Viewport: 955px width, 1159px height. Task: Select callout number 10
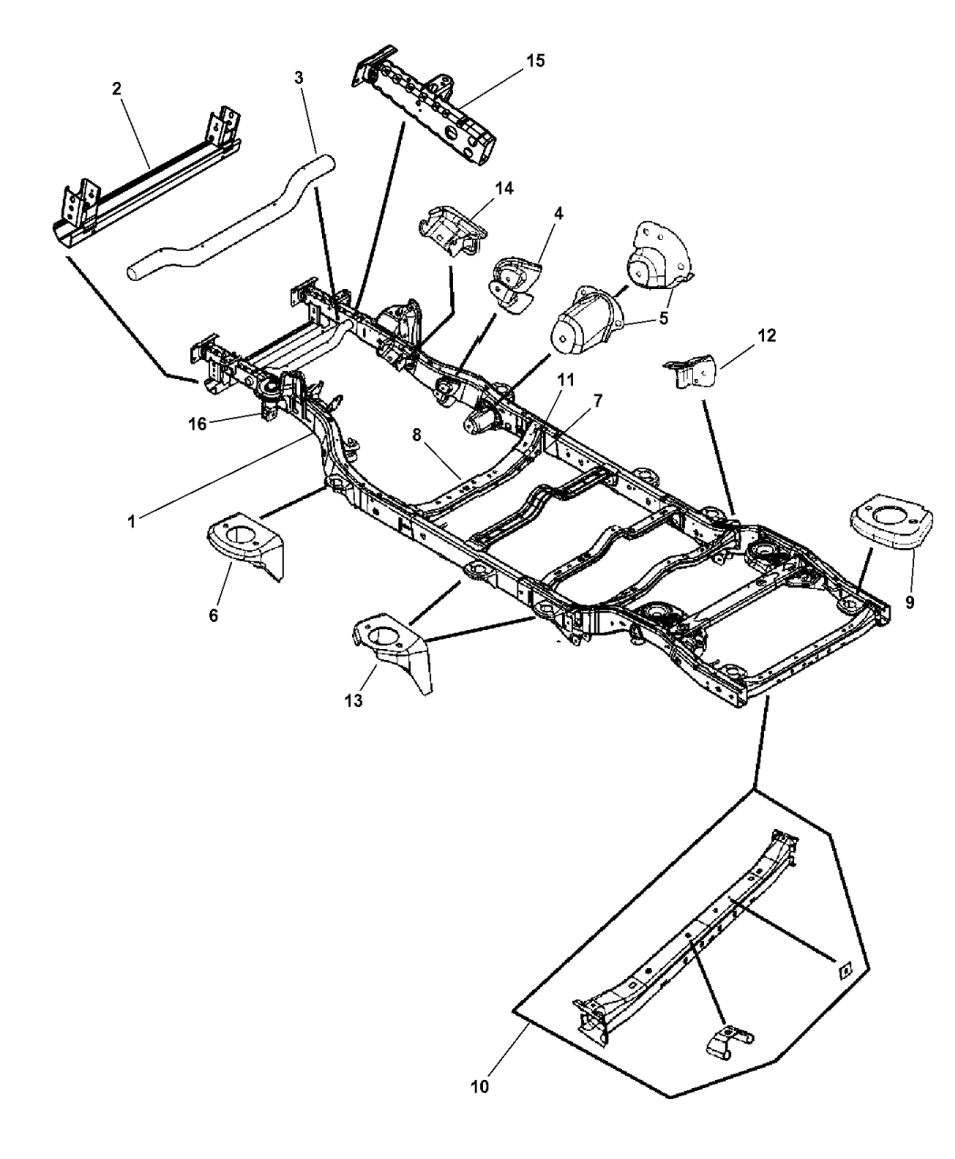(479, 1085)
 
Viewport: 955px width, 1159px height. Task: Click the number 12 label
(766, 335)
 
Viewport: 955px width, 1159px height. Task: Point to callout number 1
(132, 522)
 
